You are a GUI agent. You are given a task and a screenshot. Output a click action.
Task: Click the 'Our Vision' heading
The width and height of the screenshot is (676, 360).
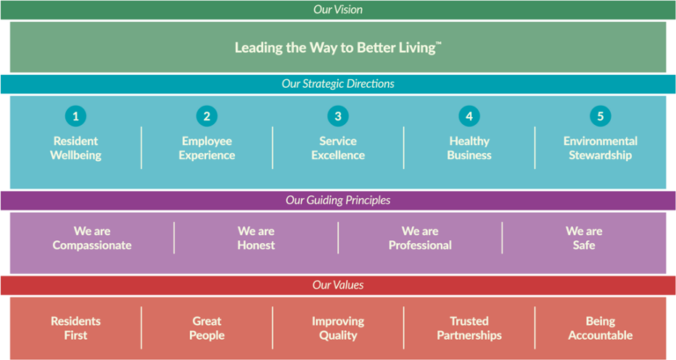[x=338, y=10]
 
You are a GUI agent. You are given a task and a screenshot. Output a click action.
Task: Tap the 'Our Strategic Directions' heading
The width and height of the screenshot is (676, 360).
[x=338, y=84]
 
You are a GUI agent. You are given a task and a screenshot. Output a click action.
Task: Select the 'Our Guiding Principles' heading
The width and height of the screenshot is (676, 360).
[x=338, y=200]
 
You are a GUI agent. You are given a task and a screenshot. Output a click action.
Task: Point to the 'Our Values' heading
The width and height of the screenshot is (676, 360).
[x=338, y=284]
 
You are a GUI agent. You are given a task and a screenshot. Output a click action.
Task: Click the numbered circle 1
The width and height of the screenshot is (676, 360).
[x=76, y=115]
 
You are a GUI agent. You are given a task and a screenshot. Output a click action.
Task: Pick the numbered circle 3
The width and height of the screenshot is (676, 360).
[x=338, y=115]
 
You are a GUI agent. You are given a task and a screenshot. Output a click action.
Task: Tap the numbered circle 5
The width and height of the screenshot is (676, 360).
[x=600, y=115]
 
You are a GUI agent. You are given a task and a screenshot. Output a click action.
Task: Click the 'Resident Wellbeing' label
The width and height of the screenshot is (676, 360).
[x=76, y=148]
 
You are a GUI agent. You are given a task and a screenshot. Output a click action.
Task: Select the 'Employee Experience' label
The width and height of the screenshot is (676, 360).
[x=207, y=148]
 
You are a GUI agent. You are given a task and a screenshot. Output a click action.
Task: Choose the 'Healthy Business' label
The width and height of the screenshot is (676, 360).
[x=469, y=148]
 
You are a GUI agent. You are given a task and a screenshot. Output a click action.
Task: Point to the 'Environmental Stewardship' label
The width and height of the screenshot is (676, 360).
[x=600, y=148]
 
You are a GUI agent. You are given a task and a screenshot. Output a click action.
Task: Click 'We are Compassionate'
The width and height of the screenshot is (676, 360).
[x=92, y=238]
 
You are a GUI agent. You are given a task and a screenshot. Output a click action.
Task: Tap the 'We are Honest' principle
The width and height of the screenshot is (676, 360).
[x=256, y=238]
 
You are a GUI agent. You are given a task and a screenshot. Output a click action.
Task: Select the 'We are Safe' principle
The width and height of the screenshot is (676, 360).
[x=584, y=238]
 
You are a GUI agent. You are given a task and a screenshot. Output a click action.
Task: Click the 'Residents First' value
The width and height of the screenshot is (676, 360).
[x=76, y=327]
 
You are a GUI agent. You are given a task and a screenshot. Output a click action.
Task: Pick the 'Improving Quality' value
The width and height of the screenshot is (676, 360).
[x=338, y=327]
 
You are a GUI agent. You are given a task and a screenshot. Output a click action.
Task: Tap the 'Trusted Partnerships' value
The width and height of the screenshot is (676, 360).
[x=469, y=327]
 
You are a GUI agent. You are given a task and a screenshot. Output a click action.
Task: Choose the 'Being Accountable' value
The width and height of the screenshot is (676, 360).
[x=600, y=327]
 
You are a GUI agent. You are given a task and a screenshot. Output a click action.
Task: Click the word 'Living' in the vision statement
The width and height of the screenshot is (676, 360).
[x=414, y=48]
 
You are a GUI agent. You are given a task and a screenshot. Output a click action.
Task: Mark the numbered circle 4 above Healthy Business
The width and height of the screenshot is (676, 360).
[x=469, y=115]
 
